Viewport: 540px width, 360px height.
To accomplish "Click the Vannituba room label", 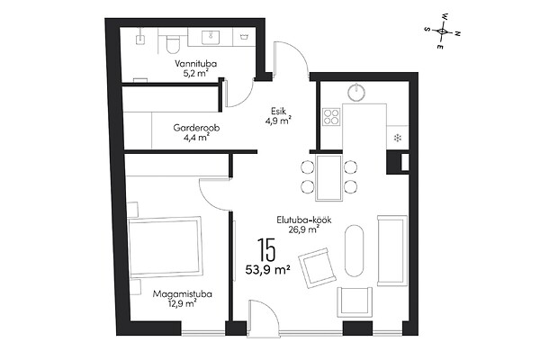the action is pyautogui.click(x=195, y=64).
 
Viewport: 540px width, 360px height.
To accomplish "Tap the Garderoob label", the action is pyautogui.click(x=196, y=128).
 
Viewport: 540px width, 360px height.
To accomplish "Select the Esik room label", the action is pyautogui.click(x=279, y=112).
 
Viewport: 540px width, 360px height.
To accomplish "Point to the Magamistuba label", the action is pyautogui.click(x=183, y=294).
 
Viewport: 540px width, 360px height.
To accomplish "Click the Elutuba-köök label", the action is pyautogui.click(x=304, y=220).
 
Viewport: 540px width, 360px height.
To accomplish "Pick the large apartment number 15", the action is pyautogui.click(x=266, y=249).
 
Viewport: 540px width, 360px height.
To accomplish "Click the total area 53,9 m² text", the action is pyautogui.click(x=267, y=270).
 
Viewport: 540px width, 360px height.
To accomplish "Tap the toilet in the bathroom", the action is pyautogui.click(x=173, y=44).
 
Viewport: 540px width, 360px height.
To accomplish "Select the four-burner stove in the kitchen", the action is pyautogui.click(x=331, y=116).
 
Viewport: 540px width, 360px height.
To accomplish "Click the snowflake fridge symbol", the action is pyautogui.click(x=398, y=139).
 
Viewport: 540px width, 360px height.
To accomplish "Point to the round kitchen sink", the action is pyautogui.click(x=356, y=92).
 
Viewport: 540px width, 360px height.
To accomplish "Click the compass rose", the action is pyautogui.click(x=442, y=31).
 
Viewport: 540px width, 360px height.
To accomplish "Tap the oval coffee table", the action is pyautogui.click(x=354, y=251).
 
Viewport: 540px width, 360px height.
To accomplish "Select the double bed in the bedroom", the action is pyautogui.click(x=165, y=247).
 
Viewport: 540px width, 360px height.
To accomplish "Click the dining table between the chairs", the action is pyautogui.click(x=329, y=178).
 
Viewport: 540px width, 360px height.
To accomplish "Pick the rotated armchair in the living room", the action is pyautogui.click(x=317, y=267).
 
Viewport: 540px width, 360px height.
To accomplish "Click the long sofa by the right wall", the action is pyautogui.click(x=392, y=251).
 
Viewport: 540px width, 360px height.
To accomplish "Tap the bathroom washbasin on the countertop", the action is pyautogui.click(x=210, y=37).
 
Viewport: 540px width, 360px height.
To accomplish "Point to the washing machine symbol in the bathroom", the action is pyautogui.click(x=244, y=37).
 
